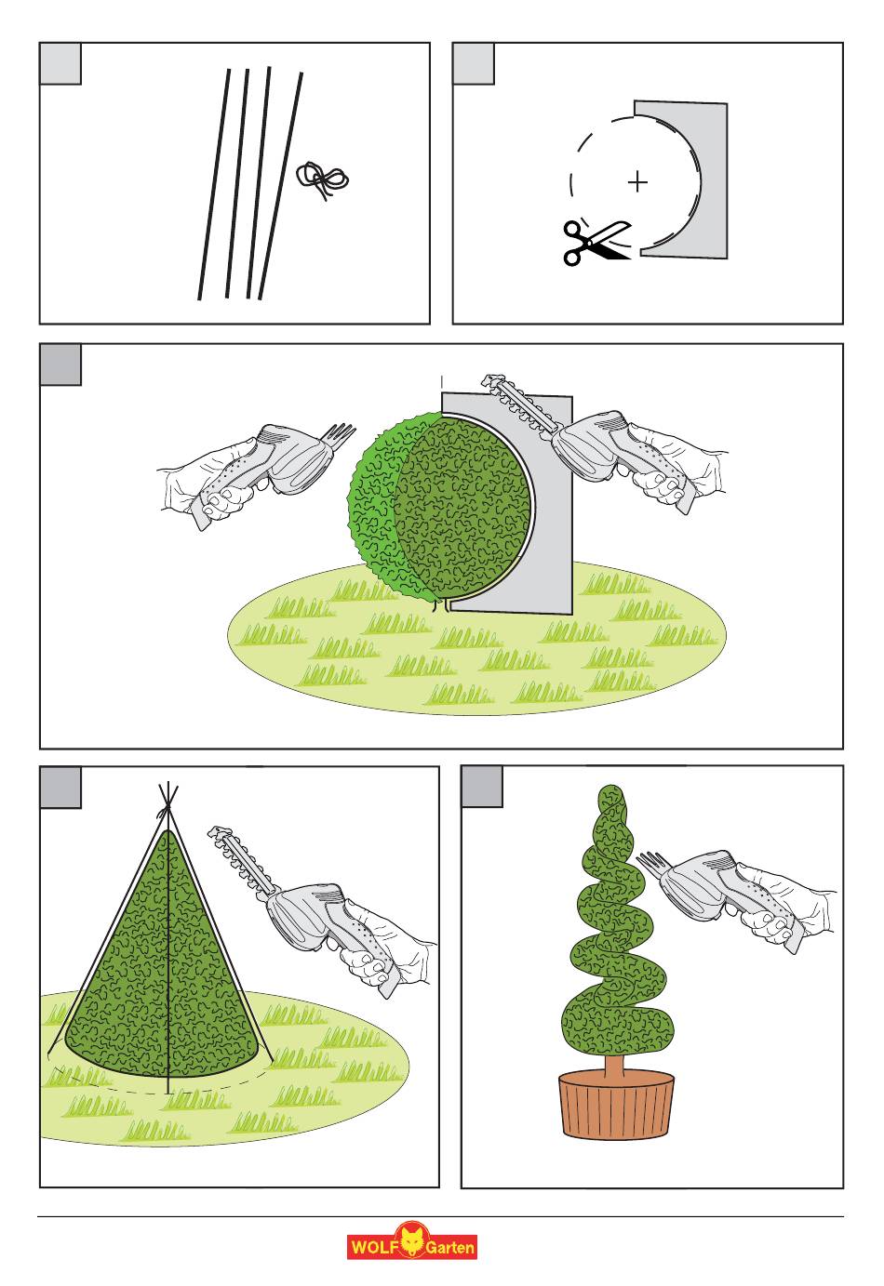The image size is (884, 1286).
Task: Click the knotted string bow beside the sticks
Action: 322,179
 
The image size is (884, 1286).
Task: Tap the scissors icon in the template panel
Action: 597,243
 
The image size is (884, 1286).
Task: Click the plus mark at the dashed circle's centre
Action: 637,182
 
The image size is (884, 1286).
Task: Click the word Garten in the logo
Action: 449,1247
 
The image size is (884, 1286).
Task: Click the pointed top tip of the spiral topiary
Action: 612,787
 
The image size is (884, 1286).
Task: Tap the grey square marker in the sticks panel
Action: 60,63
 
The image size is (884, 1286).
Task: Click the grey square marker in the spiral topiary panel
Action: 482,787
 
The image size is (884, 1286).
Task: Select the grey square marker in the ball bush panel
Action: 60,365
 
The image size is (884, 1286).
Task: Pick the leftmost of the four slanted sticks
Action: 214,184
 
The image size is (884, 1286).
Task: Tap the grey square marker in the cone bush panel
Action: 60,788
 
